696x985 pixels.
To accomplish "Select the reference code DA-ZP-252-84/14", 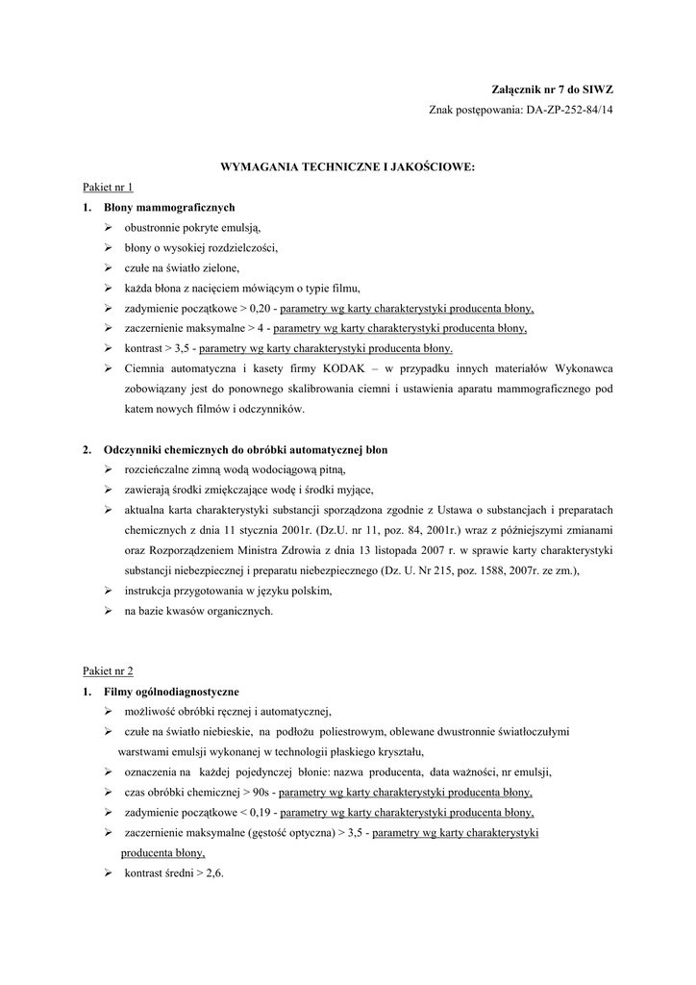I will point(569,111).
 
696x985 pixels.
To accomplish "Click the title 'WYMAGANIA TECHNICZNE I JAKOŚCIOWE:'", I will point(348,166).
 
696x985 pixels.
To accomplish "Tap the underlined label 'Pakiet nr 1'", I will point(108,187).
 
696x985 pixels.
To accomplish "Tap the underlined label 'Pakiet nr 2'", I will point(108,670).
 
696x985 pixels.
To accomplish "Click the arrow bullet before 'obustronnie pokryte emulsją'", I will point(109,227).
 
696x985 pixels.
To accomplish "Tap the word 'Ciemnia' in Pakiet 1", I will point(145,368).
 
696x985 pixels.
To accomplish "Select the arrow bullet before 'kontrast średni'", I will point(109,872).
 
